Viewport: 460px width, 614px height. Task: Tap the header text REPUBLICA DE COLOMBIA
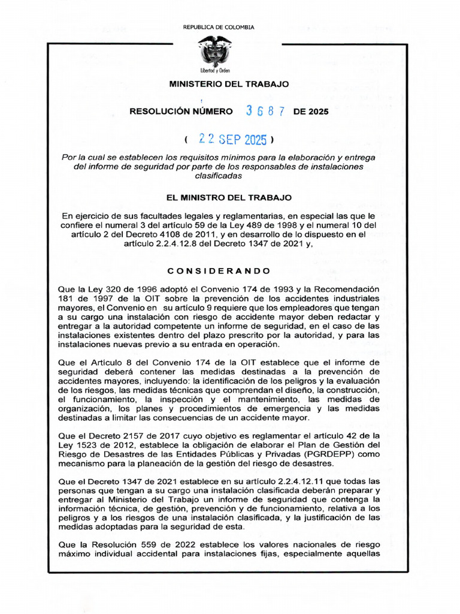(218, 27)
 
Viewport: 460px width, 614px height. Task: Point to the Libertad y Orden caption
(215, 70)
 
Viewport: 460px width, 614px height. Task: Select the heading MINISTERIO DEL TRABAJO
(229, 84)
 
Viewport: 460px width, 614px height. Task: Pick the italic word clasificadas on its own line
(219, 176)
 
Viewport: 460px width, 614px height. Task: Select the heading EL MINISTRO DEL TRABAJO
(229, 197)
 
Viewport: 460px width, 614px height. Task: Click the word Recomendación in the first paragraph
(349, 288)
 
